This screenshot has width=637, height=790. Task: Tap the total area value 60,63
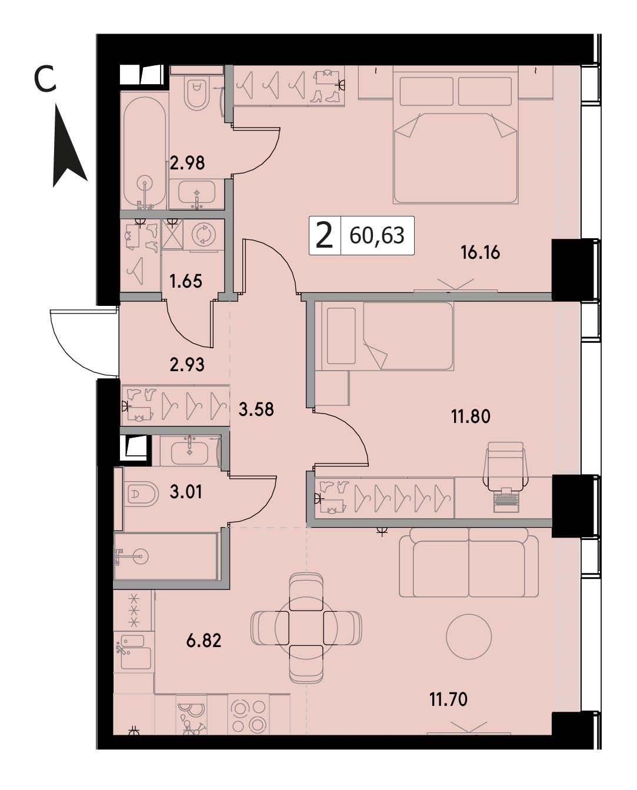pyautogui.click(x=376, y=236)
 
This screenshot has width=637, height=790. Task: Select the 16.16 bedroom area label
pyautogui.click(x=480, y=253)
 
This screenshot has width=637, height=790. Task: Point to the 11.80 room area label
pyautogui.click(x=471, y=416)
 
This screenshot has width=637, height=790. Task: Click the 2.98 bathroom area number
pyautogui.click(x=187, y=163)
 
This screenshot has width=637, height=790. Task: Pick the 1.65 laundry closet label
pyautogui.click(x=186, y=282)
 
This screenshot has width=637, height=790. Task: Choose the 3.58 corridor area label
pyautogui.click(x=256, y=409)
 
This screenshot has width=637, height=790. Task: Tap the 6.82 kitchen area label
pyautogui.click(x=204, y=641)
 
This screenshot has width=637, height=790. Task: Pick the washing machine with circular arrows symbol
pyautogui.click(x=204, y=234)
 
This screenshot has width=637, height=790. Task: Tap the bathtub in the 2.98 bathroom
pyautogui.click(x=145, y=151)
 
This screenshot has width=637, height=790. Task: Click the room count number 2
pyautogui.click(x=324, y=236)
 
